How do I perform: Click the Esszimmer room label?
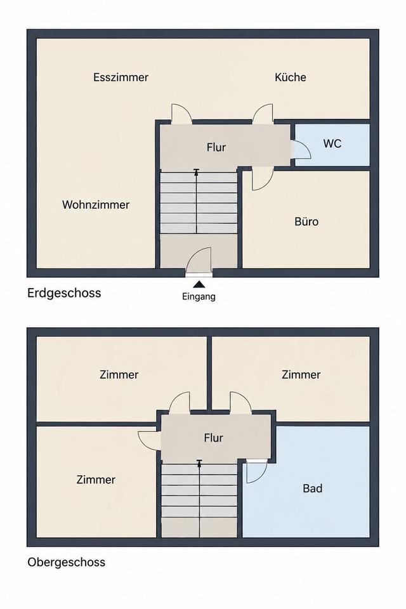tap(121, 77)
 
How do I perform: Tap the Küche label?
tap(290, 77)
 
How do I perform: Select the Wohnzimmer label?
tap(96, 205)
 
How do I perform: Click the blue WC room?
tap(332, 145)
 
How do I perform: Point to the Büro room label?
tap(306, 221)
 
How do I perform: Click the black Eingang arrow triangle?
tap(199, 285)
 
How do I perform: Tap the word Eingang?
tap(199, 297)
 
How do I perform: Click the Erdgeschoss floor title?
tap(64, 293)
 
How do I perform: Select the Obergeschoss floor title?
tap(67, 562)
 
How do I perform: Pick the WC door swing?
tap(307, 144)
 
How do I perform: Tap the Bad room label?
tap(313, 488)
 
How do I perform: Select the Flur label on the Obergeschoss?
tap(213, 438)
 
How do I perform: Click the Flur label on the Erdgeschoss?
tap(216, 147)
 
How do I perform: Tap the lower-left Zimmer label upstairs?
tap(96, 480)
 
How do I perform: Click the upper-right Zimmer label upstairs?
tap(301, 375)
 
